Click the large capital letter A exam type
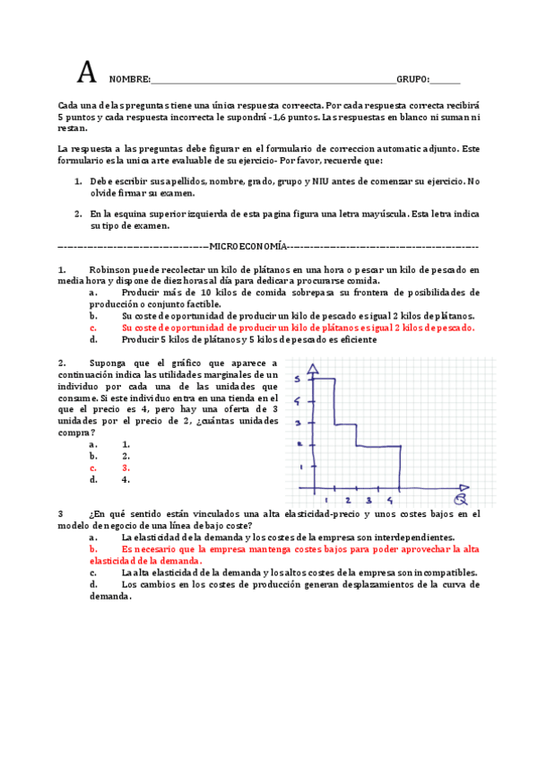tap(86, 72)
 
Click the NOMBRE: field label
tap(130, 79)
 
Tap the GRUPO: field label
tap(413, 79)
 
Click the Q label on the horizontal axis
tap(460, 498)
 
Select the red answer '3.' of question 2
tap(126, 468)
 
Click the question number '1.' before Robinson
tap(62, 268)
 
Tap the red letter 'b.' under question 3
tap(93, 548)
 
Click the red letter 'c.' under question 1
tap(93, 328)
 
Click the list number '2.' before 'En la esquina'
tap(79, 214)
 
